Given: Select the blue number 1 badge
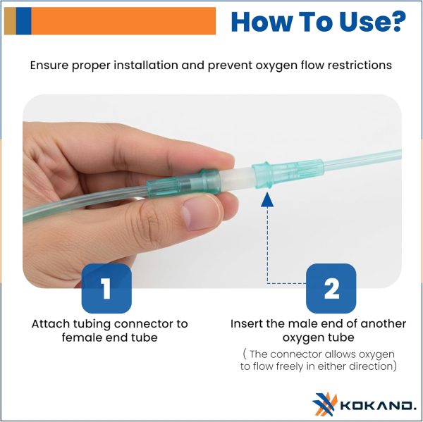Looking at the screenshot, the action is point(106,288).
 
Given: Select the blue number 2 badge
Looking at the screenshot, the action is point(331,288).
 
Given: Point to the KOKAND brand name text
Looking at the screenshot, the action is point(379,405).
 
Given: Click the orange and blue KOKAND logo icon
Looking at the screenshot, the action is point(325,404).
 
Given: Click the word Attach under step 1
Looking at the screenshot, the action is point(50,323).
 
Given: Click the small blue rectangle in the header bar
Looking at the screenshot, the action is point(23,21).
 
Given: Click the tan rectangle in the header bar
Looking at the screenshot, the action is point(11,21).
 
